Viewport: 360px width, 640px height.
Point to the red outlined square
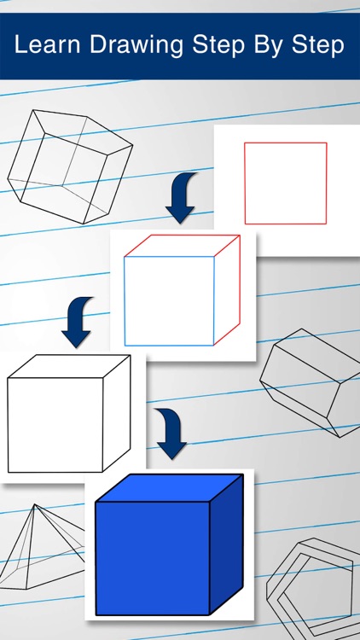(285, 183)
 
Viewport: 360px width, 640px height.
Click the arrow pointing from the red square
(181, 197)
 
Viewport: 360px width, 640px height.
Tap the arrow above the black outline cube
(78, 321)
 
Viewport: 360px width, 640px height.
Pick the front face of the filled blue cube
(153, 558)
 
